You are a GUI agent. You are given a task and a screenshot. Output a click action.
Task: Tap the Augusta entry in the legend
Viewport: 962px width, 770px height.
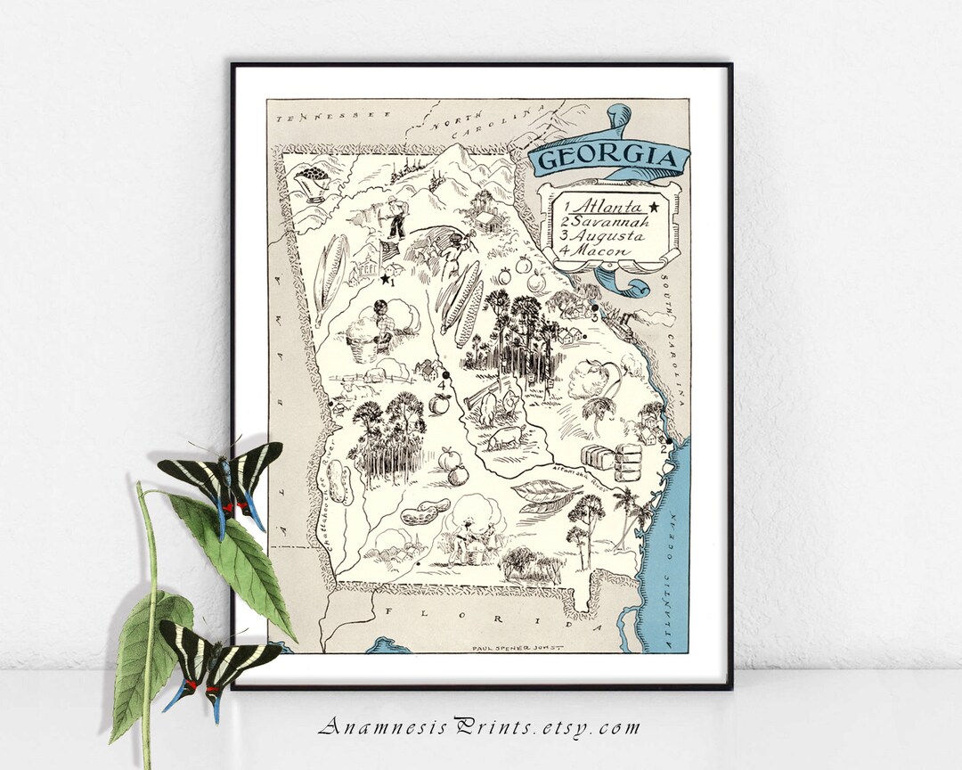tap(606, 237)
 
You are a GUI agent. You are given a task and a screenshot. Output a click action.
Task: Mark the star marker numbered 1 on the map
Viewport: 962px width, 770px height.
tap(385, 279)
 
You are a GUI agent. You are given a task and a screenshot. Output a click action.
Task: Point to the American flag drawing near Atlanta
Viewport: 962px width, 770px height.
tap(390, 250)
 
